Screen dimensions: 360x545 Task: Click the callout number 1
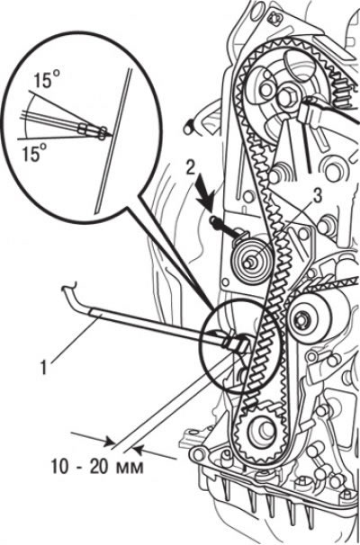pos(44,368)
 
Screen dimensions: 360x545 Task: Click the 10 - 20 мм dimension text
pos(97,467)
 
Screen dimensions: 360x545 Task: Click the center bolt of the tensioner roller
pos(248,264)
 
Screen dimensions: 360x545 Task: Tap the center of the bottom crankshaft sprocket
pos(261,432)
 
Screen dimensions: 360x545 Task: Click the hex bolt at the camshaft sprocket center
pos(286,97)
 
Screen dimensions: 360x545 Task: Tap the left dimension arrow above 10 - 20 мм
pos(94,438)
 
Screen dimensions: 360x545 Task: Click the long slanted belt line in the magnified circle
pos(113,140)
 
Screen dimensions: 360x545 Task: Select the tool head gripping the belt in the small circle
pos(237,344)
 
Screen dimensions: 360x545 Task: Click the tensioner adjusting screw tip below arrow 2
pos(212,220)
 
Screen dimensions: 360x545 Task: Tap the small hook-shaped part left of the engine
pos(190,127)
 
